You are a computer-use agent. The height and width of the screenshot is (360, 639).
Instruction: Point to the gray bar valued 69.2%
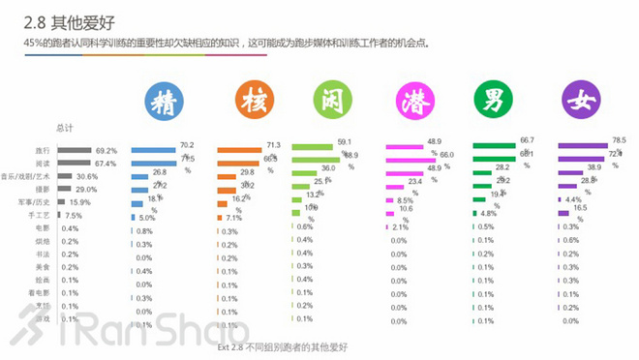click(75, 151)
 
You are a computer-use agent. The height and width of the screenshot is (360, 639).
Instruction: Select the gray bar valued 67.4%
click(74, 164)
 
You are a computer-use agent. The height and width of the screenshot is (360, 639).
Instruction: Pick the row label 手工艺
click(41, 215)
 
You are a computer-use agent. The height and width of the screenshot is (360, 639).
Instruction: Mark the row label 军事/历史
click(35, 202)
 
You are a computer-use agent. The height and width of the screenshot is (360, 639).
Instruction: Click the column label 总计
click(65, 128)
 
